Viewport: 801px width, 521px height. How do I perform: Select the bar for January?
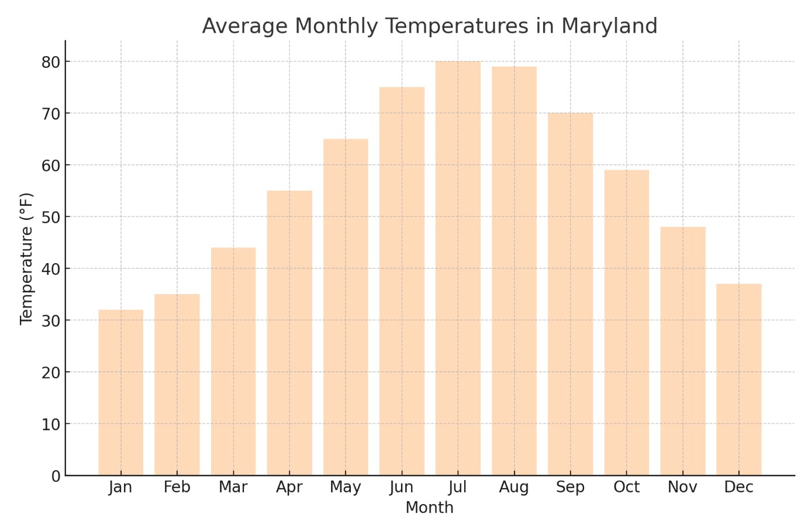click(120, 392)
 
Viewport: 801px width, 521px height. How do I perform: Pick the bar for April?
click(289, 333)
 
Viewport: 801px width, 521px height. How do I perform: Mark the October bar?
click(626, 322)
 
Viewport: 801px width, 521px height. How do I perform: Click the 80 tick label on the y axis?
click(50, 62)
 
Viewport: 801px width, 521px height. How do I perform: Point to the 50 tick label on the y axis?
click(50, 217)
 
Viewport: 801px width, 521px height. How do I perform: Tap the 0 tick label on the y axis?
click(56, 476)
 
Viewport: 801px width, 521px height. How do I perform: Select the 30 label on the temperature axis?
click(50, 320)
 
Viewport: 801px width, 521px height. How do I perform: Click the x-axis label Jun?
click(401, 488)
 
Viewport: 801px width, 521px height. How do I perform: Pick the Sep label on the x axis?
click(570, 488)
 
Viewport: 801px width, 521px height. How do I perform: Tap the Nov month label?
click(682, 488)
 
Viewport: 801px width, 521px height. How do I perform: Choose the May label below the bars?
click(345, 488)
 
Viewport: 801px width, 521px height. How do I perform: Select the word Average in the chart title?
click(244, 26)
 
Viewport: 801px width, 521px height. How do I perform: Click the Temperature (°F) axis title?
click(27, 258)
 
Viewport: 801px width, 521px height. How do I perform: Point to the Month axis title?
click(429, 508)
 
